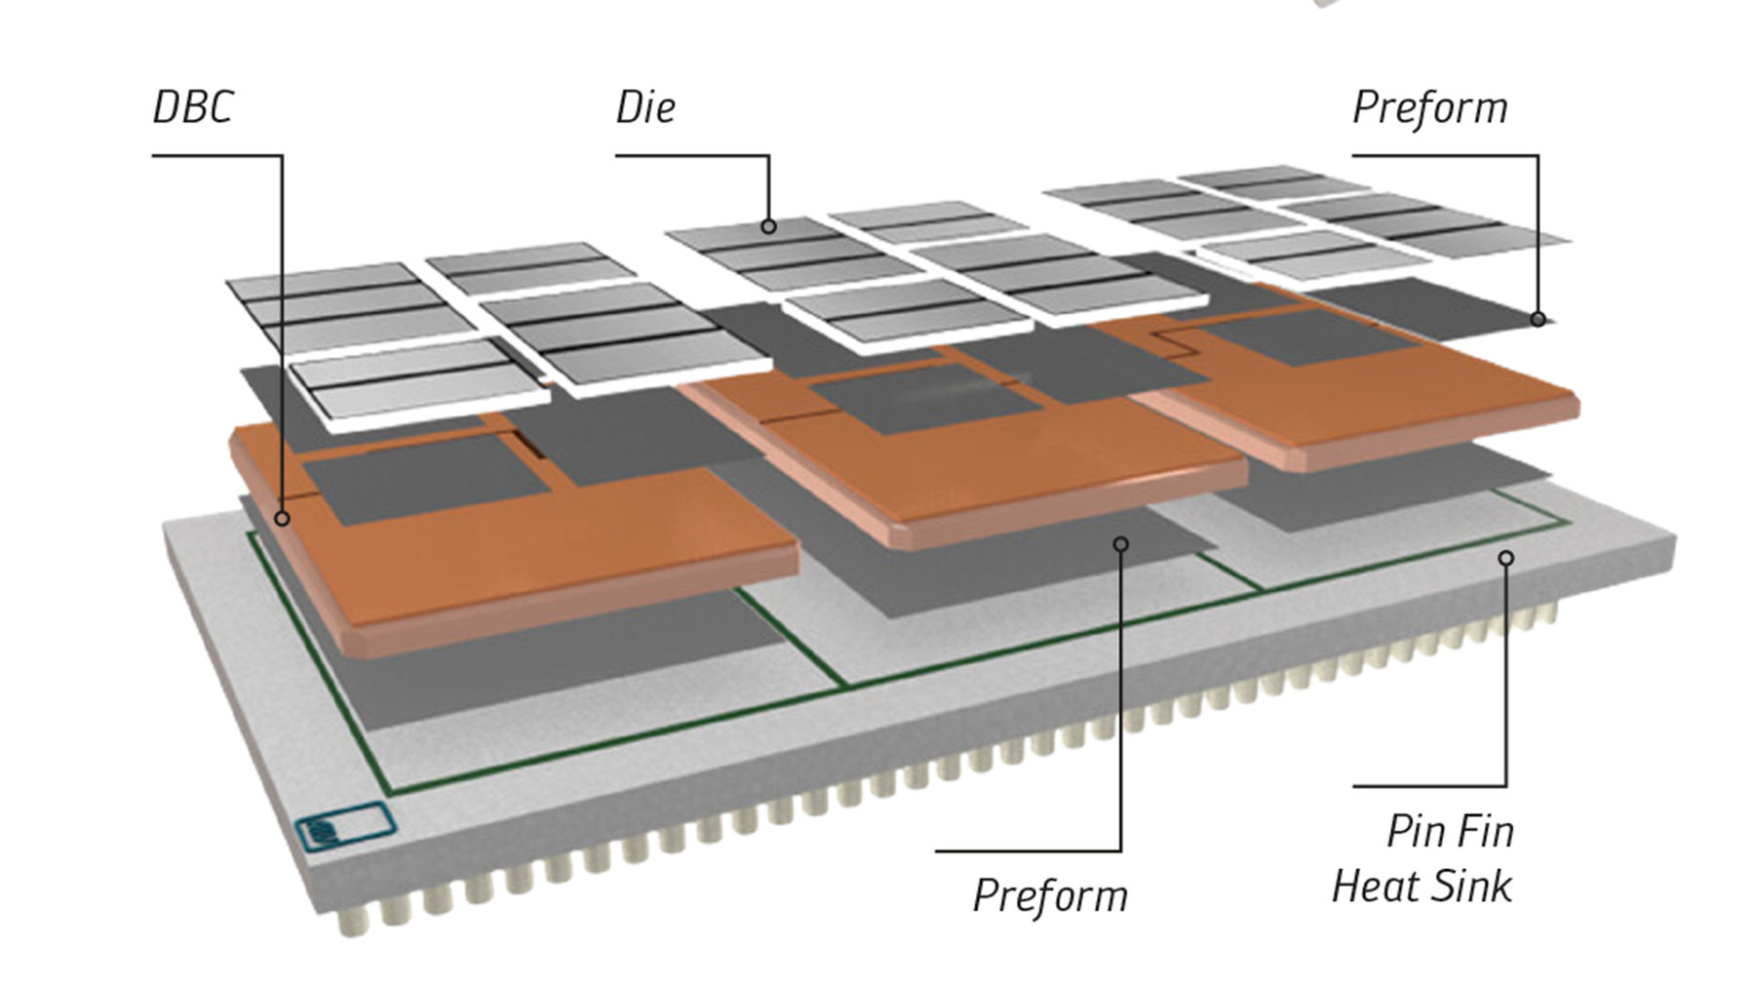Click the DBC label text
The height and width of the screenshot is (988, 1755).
click(x=193, y=107)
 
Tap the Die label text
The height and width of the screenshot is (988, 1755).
click(x=644, y=107)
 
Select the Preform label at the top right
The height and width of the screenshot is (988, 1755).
click(x=1429, y=107)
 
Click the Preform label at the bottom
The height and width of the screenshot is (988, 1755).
click(x=1050, y=895)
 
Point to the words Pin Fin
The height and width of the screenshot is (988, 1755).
click(x=1450, y=832)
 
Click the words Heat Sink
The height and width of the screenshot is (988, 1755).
click(x=1422, y=887)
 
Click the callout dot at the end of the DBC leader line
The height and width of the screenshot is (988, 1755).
click(x=282, y=518)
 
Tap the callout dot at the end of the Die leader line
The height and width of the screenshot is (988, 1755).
click(x=768, y=226)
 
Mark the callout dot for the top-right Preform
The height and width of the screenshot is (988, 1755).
click(x=1538, y=318)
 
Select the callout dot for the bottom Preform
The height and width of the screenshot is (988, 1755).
click(x=1121, y=543)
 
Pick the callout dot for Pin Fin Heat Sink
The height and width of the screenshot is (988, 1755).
click(x=1506, y=558)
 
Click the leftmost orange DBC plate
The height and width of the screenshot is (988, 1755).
click(x=546, y=556)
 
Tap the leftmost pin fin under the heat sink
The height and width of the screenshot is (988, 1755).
click(x=346, y=922)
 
